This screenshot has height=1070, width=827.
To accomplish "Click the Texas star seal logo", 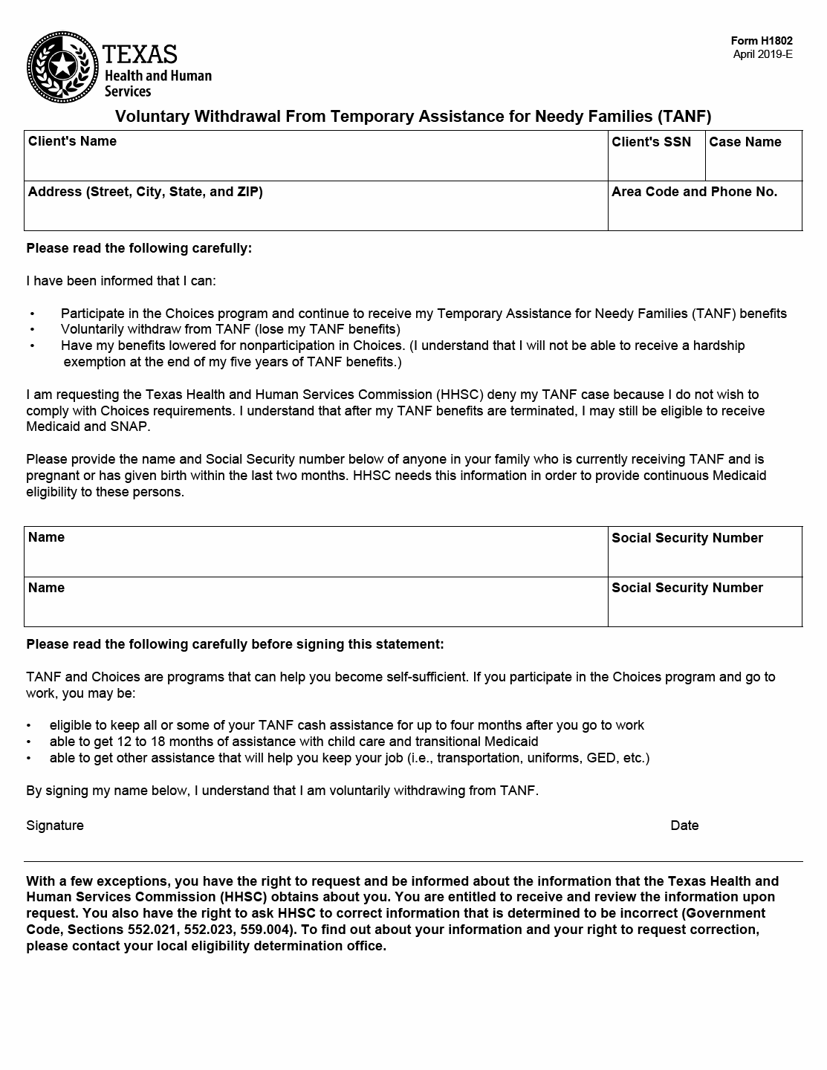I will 62,66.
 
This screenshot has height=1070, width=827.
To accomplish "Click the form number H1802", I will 762,41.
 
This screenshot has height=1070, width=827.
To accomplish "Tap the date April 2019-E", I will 762,54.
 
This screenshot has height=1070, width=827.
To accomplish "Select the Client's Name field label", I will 72,141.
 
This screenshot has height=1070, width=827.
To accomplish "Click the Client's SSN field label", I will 651,142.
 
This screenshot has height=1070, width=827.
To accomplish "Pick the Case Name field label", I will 745,142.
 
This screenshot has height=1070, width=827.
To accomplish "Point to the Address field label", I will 145,192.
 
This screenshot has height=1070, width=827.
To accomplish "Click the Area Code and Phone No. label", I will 694,192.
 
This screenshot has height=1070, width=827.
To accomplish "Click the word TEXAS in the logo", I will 140,54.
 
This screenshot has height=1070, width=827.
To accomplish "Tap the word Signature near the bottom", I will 55,826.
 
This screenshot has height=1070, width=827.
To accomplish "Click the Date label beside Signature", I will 684,826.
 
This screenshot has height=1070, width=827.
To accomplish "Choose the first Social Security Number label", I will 687,538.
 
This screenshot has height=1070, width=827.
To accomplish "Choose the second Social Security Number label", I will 687,588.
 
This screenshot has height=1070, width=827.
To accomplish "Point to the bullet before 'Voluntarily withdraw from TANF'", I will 32,330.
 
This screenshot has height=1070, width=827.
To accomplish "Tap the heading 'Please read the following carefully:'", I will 139,248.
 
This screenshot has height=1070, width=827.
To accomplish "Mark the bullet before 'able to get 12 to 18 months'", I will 29,742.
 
